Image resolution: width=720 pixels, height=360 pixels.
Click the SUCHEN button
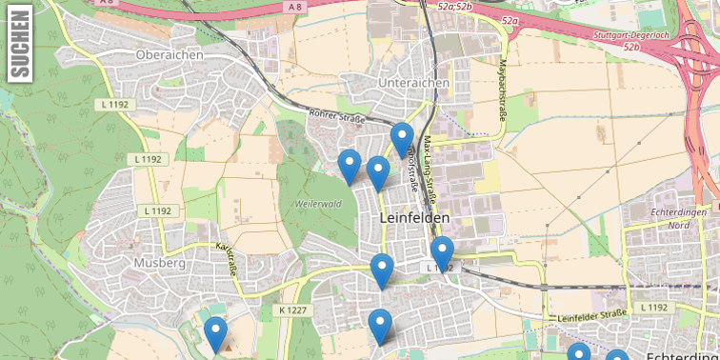19,44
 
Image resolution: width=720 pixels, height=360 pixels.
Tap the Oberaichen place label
170,55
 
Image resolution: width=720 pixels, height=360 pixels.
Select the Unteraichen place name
413,84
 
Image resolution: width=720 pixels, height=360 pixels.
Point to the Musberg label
159,262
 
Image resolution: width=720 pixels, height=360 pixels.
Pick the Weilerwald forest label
318,204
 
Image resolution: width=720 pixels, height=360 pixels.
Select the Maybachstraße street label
503,91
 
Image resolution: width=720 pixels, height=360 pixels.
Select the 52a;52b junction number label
455,8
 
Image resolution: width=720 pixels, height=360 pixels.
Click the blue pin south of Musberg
216,334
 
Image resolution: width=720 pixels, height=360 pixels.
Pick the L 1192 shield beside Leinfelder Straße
653,307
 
